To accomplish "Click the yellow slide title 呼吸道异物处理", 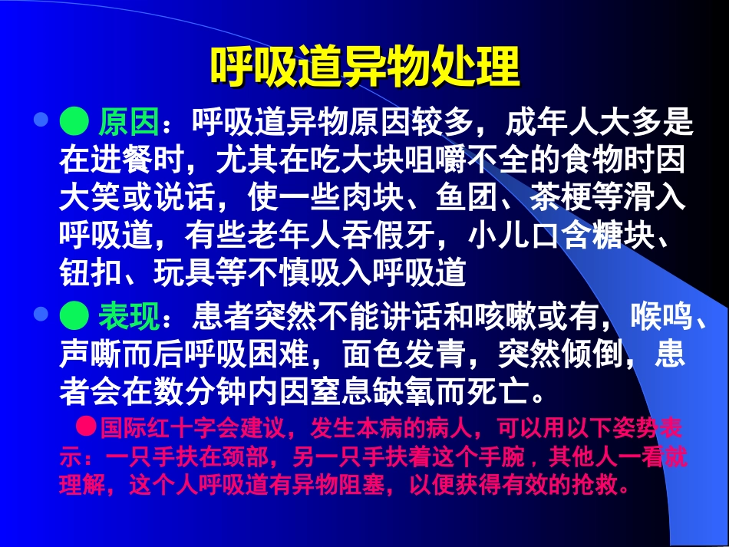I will tap(364, 68).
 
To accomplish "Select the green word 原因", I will tap(128, 121).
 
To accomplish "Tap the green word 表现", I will tap(128, 314).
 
